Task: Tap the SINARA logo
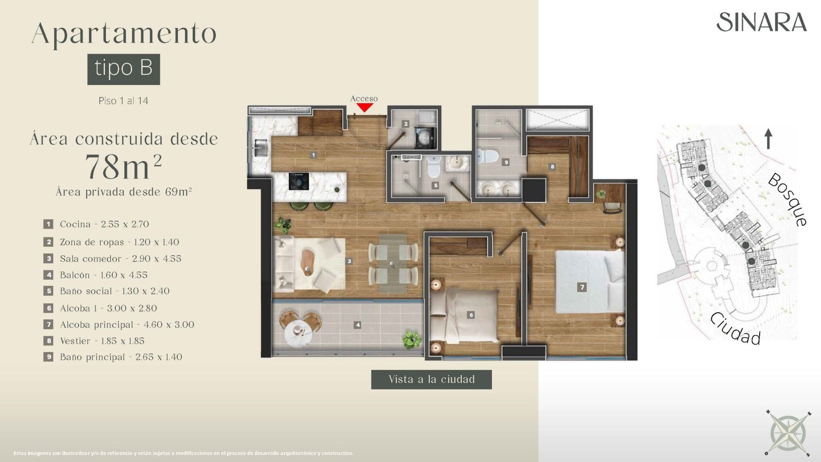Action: tap(761, 22)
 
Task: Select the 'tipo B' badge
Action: tap(124, 69)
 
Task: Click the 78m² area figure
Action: tap(124, 166)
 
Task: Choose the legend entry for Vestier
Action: tap(94, 341)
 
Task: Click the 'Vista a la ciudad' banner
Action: tap(432, 379)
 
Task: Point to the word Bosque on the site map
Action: tap(787, 199)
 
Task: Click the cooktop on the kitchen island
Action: tap(299, 181)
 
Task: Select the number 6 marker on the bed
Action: tap(472, 315)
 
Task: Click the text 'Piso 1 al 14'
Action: tap(124, 101)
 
